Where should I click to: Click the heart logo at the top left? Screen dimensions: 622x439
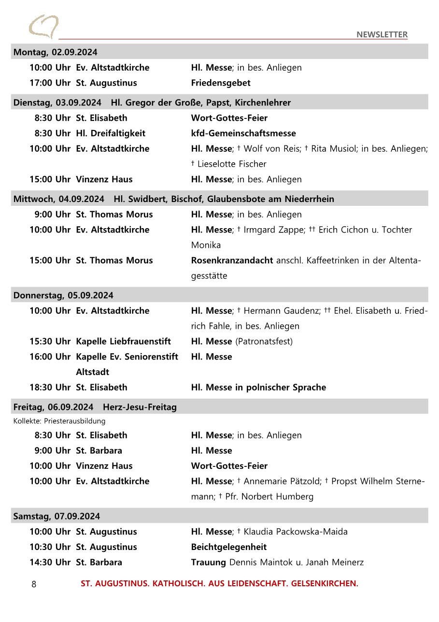coord(43,27)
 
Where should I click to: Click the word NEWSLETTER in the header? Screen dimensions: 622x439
coord(382,34)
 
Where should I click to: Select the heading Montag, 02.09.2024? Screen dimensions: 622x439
coord(55,52)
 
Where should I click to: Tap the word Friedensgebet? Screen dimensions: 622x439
coord(221,83)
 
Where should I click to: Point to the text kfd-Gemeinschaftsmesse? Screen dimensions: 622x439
coord(243,133)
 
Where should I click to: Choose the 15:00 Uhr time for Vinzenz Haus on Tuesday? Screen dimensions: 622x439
coord(50,179)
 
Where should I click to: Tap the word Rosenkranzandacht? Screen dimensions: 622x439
coord(232,260)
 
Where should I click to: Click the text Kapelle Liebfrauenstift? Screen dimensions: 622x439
coord(123,341)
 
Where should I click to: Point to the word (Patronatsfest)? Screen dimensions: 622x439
coord(264,341)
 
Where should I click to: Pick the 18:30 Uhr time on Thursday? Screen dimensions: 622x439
coord(50,387)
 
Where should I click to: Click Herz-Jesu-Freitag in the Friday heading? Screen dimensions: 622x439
coord(140,407)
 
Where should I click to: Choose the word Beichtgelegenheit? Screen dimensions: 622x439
coord(229,547)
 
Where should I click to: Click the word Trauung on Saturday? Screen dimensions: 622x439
coord(209,562)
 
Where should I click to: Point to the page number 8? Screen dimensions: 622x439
coord(34,584)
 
